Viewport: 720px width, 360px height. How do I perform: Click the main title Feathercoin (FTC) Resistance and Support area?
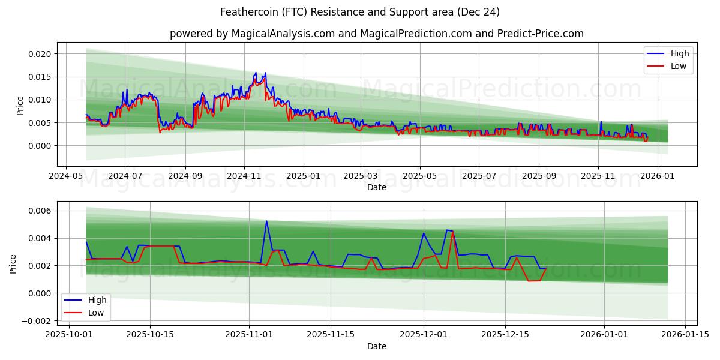[360, 12]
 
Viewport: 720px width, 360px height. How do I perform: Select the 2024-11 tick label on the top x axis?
[244, 177]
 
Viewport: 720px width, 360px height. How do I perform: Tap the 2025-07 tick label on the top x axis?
[479, 177]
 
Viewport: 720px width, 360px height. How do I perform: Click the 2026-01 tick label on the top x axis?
[658, 177]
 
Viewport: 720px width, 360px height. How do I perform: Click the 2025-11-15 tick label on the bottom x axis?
[329, 334]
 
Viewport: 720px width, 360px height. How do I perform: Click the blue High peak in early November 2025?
[266, 221]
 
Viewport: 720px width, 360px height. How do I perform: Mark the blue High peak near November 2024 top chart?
[256, 73]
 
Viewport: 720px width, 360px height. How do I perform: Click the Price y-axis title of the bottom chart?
[13, 263]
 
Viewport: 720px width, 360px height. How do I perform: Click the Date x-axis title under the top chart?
[377, 187]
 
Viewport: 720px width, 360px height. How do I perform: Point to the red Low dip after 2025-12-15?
[529, 281]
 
